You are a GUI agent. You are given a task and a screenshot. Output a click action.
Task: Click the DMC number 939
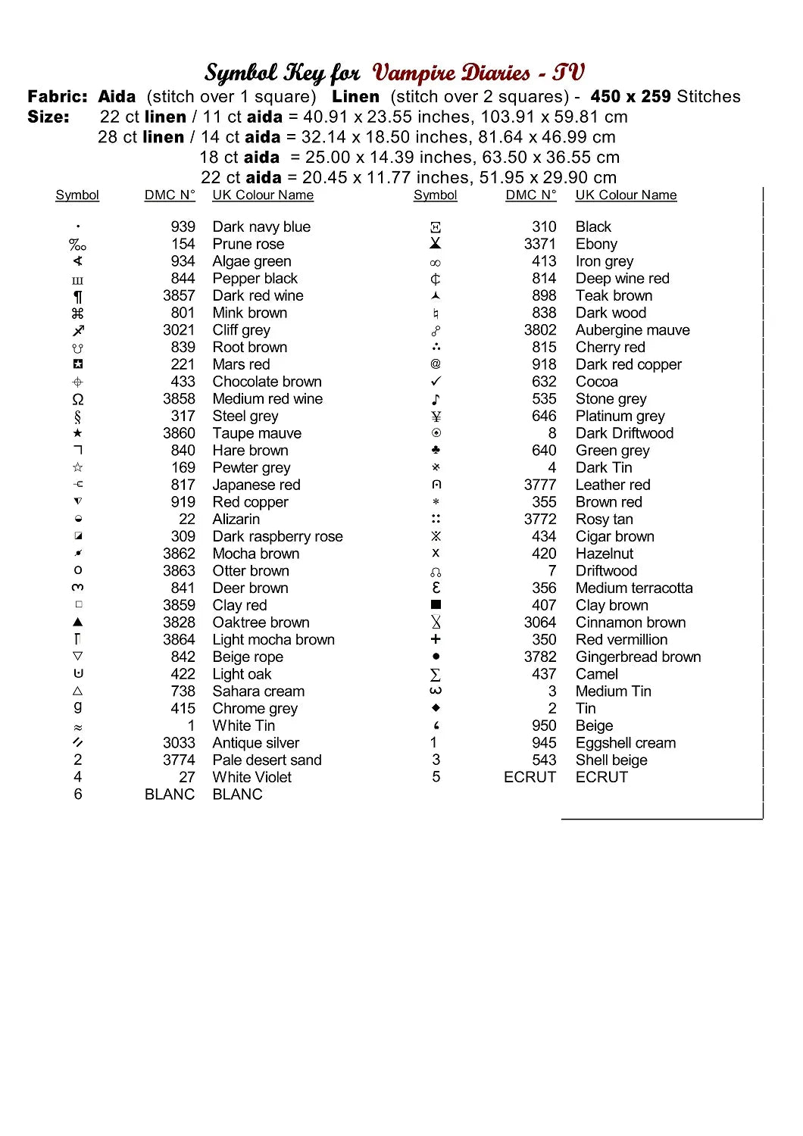point(183,226)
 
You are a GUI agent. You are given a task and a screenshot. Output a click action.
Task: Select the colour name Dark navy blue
point(261,226)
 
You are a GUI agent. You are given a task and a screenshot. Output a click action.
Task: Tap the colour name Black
point(593,226)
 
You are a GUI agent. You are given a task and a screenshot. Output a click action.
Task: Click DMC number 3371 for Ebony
point(539,244)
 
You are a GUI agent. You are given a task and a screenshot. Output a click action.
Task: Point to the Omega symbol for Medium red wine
point(77,399)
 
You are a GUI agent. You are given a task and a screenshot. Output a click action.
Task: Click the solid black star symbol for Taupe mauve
point(77,433)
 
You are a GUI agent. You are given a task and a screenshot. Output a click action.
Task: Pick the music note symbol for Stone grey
point(436,399)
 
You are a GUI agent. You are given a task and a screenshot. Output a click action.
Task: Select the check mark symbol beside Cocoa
point(436,382)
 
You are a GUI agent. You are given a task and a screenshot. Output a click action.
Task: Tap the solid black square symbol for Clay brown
point(436,605)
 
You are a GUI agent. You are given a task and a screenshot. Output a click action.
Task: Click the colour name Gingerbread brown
point(638,657)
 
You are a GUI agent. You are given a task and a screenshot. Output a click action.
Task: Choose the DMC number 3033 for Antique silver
point(179,743)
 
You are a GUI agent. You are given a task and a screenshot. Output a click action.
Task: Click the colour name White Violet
point(252,777)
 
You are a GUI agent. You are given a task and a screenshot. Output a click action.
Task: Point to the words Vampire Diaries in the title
point(451,73)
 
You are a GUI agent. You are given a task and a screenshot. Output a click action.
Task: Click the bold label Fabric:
point(58,97)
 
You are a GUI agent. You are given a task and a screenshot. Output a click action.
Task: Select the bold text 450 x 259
point(630,97)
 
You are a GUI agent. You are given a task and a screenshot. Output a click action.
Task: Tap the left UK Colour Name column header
point(263,195)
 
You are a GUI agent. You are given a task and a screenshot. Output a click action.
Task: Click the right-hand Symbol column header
point(436,195)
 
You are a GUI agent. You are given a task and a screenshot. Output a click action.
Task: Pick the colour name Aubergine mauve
point(633,330)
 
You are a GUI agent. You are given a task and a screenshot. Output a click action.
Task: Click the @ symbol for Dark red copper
point(436,364)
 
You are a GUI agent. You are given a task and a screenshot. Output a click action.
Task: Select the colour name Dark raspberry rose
point(277,536)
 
